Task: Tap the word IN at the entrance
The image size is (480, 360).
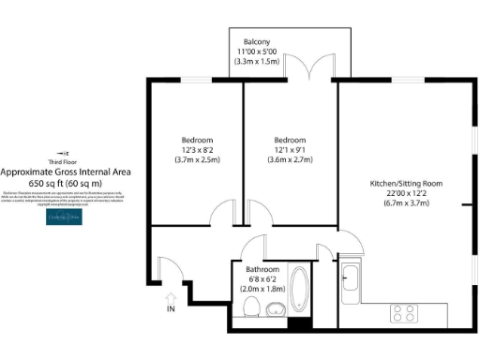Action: tap(170, 309)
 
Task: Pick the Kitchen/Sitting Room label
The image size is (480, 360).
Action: tap(406, 183)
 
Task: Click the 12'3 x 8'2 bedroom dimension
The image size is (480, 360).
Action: tap(197, 149)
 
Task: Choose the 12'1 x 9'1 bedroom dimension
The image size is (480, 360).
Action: tap(291, 149)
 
